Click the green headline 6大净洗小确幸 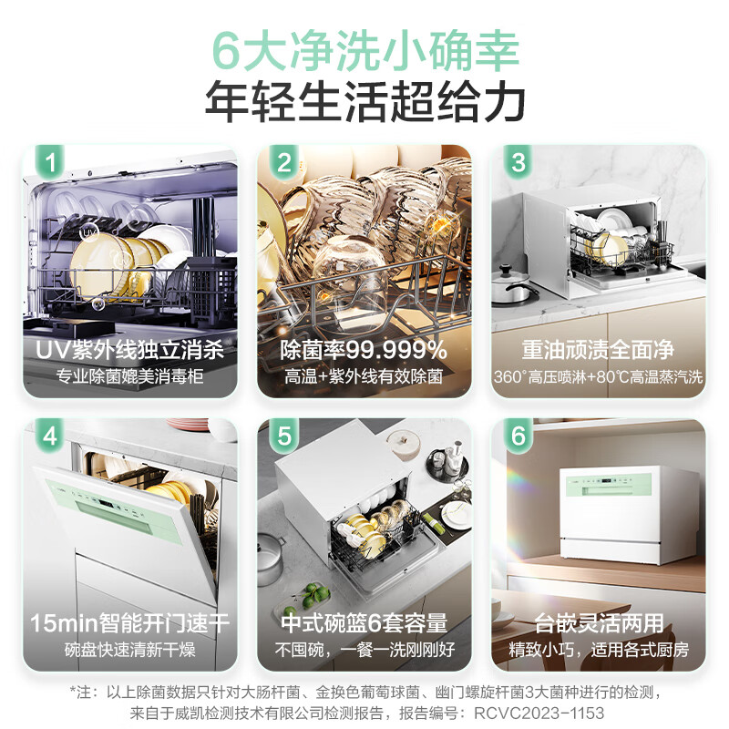[364, 47]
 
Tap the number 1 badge [50, 163]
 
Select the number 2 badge [284, 163]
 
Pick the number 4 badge [50, 436]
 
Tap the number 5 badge [284, 436]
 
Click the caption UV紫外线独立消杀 [129, 350]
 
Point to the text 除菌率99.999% [364, 350]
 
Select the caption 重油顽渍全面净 [599, 350]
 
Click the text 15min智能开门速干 [129, 623]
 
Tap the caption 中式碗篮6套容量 [364, 623]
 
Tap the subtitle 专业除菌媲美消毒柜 [129, 376]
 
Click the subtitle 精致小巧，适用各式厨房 [599, 650]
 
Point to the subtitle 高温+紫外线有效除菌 [364, 376]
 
